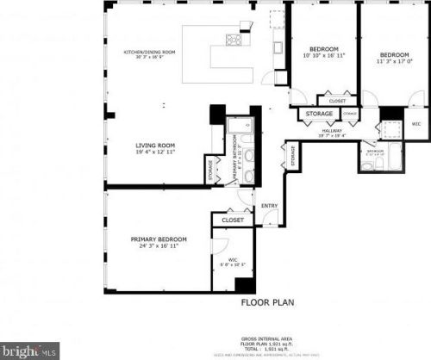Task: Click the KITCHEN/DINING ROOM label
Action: (149, 53)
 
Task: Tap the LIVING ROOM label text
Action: (155, 146)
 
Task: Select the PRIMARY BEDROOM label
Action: (159, 239)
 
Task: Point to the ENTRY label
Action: (270, 206)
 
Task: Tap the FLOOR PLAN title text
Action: (268, 303)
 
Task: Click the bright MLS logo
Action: (30, 351)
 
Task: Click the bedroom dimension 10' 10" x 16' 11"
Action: (323, 55)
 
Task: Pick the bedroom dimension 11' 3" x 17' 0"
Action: (396, 61)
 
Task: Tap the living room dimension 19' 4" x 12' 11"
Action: (155, 152)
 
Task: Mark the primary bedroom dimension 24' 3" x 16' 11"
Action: (159, 245)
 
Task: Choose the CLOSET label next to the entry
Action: (233, 220)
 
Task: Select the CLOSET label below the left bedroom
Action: (337, 101)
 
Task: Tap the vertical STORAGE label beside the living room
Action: (211, 170)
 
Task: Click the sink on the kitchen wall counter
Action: (278, 48)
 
